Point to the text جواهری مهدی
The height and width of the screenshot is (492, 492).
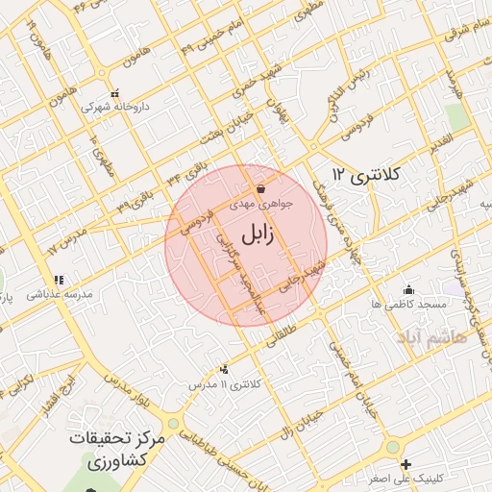point(259,205)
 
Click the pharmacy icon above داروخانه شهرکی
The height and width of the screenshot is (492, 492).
point(115,93)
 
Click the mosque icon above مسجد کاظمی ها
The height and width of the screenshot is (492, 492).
point(409,289)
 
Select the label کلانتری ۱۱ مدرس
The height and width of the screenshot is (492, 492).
point(224,383)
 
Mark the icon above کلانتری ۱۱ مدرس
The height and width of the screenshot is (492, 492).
point(225,369)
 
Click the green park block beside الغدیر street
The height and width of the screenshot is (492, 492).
point(457,116)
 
